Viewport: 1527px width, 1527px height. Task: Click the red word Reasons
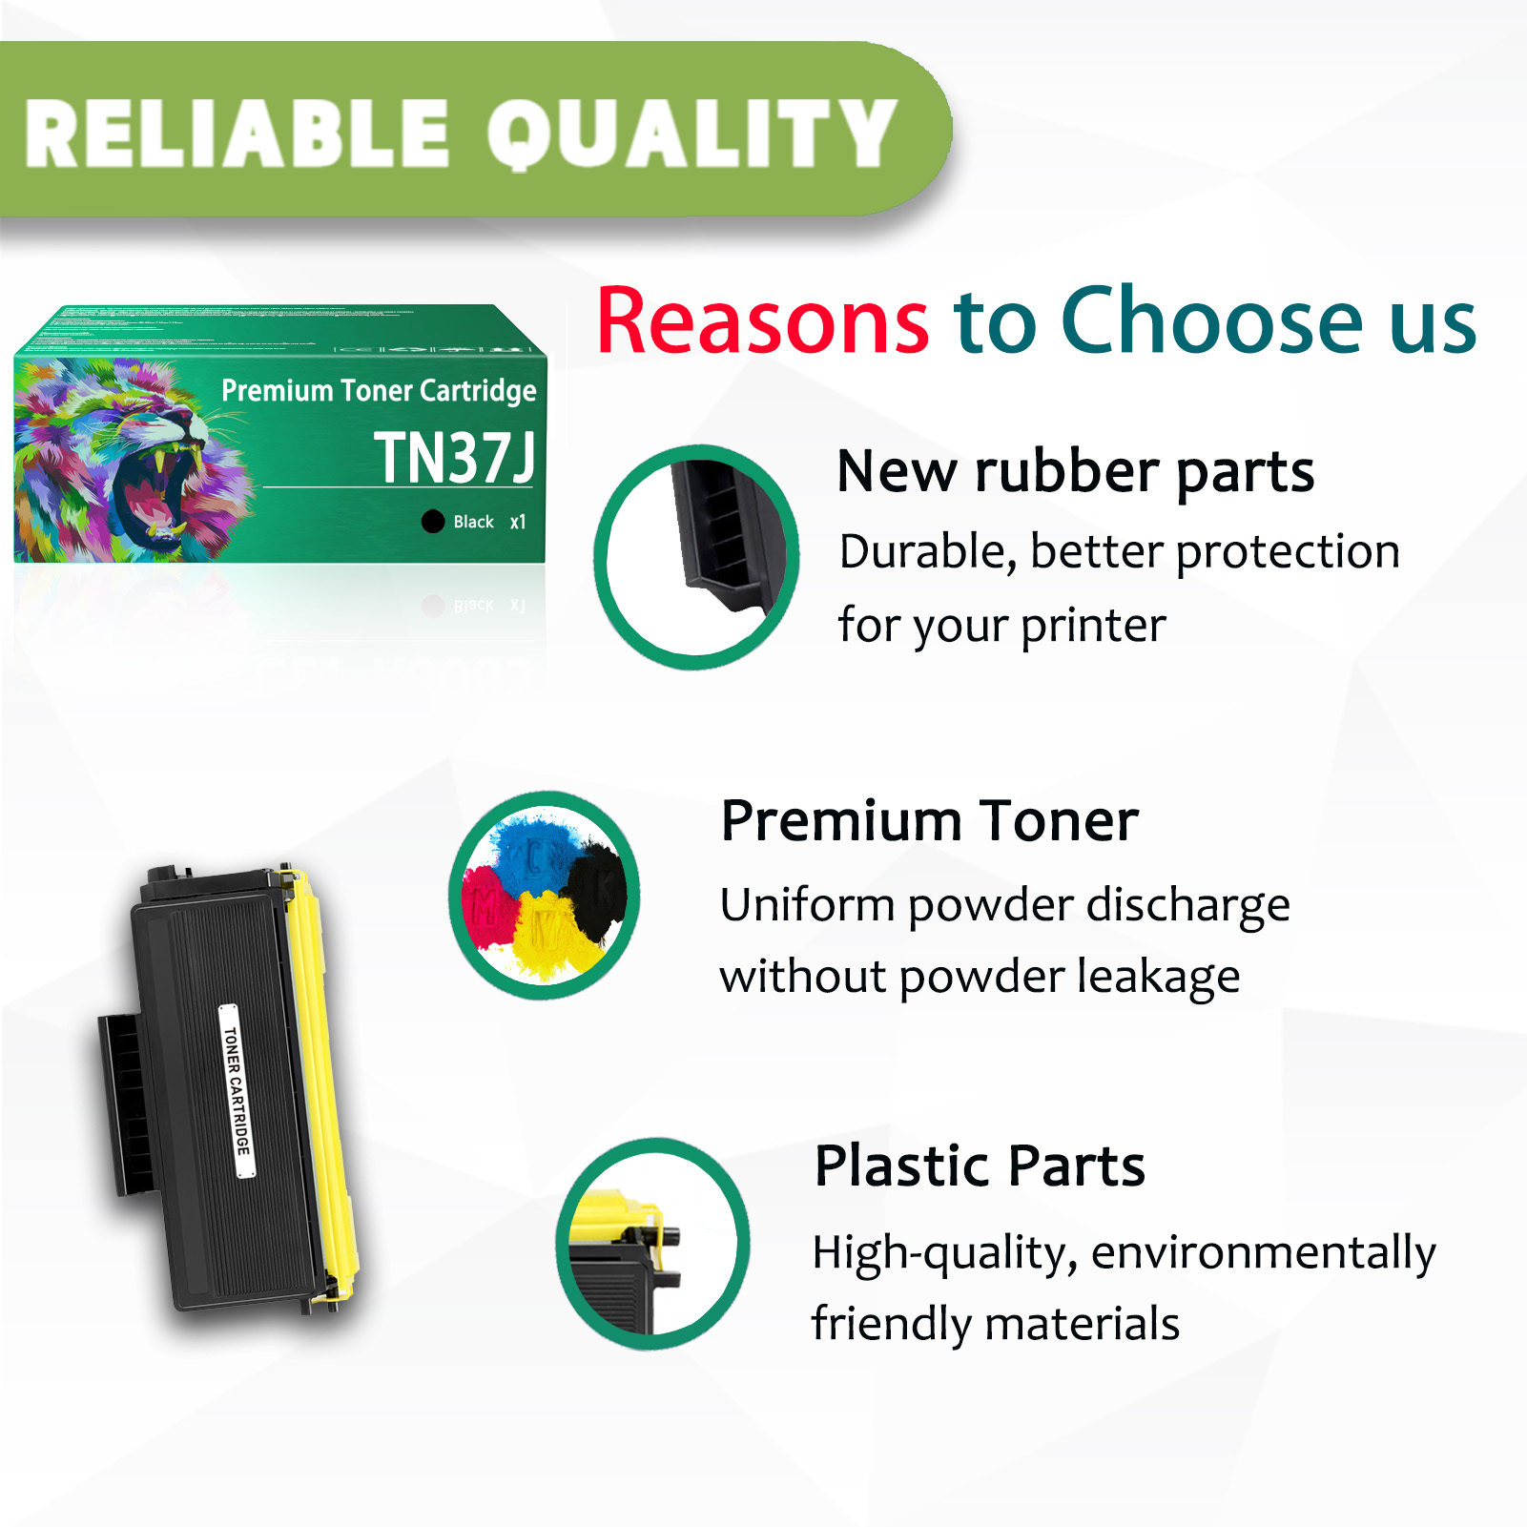pyautogui.click(x=762, y=321)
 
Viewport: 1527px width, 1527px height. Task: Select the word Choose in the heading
pyautogui.click(x=1211, y=321)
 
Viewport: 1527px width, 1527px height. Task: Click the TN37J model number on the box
pyautogui.click(x=454, y=458)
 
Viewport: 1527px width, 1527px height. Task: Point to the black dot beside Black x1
pyautogui.click(x=433, y=521)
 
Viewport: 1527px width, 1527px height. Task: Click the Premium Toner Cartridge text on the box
pyautogui.click(x=379, y=390)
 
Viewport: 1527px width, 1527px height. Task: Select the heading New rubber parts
pyautogui.click(x=1075, y=471)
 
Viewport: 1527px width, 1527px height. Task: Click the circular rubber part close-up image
pyautogui.click(x=696, y=557)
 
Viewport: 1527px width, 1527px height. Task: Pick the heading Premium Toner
pyautogui.click(x=929, y=820)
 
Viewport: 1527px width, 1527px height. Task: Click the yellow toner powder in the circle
pyautogui.click(x=548, y=935)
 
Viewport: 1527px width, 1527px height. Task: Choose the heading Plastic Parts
pyautogui.click(x=980, y=1166)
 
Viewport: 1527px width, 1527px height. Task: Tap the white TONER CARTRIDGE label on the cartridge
pyautogui.click(x=237, y=1090)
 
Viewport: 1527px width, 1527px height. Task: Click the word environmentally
pyautogui.click(x=1263, y=1252)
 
